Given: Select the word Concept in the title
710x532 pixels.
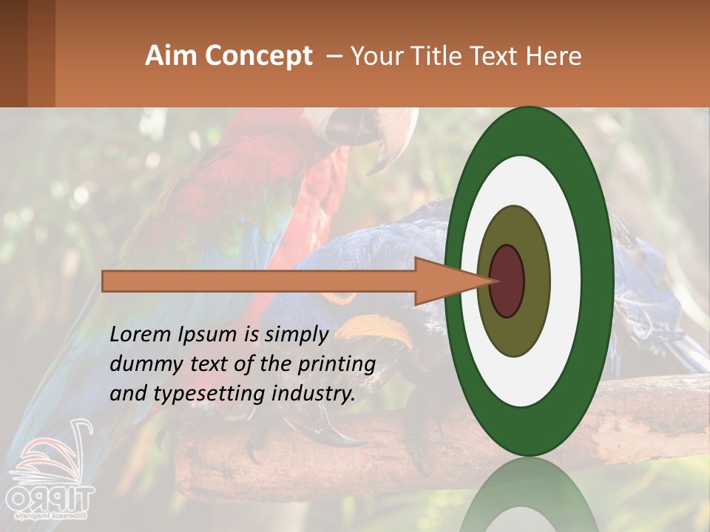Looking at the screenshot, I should [x=258, y=56].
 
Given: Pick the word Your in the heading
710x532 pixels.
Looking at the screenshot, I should [x=374, y=56].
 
